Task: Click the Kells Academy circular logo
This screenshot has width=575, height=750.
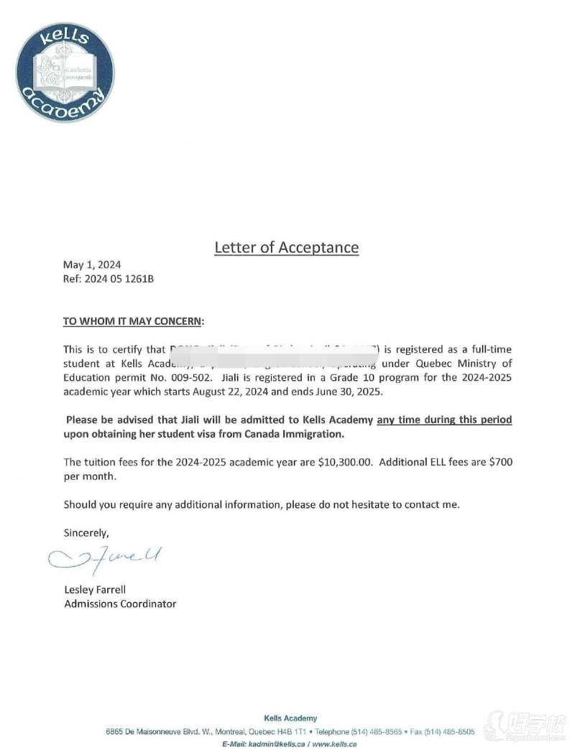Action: click(x=65, y=73)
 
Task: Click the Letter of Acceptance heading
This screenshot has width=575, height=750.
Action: click(x=286, y=247)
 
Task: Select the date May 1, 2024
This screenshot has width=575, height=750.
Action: click(x=92, y=265)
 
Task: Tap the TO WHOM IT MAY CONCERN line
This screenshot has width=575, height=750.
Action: click(x=134, y=320)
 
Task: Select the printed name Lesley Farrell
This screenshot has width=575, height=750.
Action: click(x=95, y=590)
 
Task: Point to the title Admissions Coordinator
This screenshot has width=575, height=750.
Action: click(x=120, y=603)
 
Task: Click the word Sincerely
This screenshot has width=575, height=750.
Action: click(x=86, y=533)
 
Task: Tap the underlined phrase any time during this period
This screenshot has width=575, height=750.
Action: click(x=444, y=420)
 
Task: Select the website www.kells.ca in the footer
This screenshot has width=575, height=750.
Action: click(x=335, y=744)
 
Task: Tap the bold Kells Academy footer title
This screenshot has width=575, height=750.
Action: click(x=290, y=718)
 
